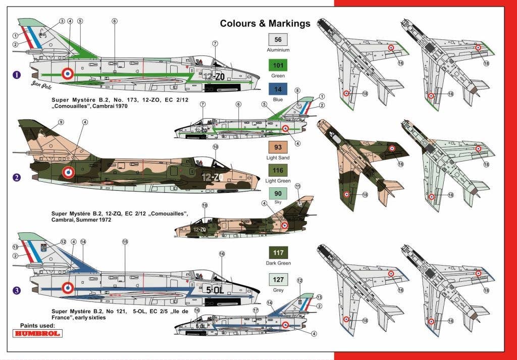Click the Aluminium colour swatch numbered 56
pos(278,39)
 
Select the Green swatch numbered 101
pos(278,65)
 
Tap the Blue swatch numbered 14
pos(278,89)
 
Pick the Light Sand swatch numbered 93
pos(278,147)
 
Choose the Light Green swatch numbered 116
pos(278,172)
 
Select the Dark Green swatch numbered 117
pos(278,252)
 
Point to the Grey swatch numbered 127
pos(278,279)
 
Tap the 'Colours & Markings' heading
pos(265,23)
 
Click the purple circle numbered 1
pos(17,75)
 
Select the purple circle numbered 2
pos(17,177)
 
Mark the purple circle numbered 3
pos(17,290)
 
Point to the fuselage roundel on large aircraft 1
pos(68,73)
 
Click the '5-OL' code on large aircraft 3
pos(214,290)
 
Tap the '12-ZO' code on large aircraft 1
pos(214,77)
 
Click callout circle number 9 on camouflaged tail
pos(61,122)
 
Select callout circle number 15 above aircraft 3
pos(125,242)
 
